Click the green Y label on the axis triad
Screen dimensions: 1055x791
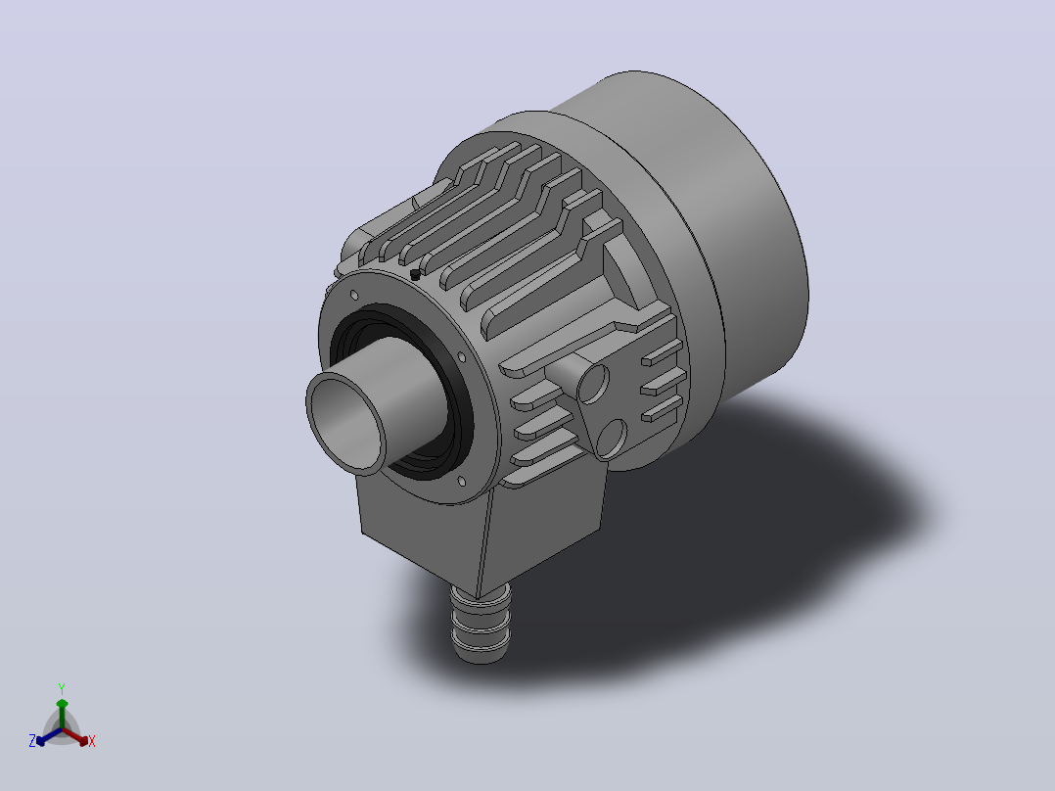tap(62, 689)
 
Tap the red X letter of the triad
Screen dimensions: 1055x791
tap(92, 741)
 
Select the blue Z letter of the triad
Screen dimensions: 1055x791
tap(32, 741)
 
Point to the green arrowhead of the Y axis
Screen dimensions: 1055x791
tap(62, 704)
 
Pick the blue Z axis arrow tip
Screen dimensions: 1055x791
tap(40, 741)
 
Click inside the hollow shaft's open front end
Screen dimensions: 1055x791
tap(346, 424)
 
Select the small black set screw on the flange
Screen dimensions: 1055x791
tap(415, 274)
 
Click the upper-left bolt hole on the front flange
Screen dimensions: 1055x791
tap(354, 295)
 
